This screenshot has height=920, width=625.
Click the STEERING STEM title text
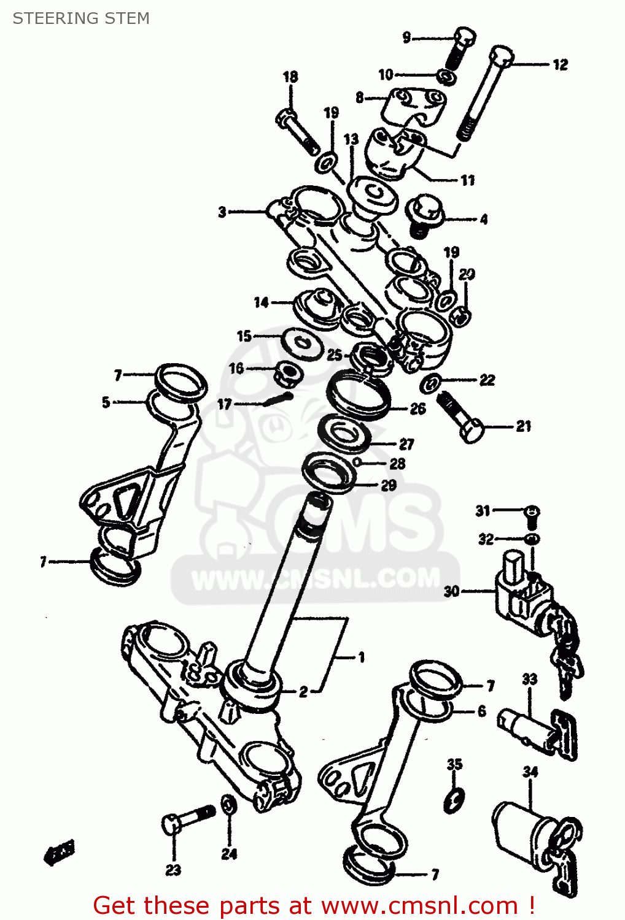tap(81, 18)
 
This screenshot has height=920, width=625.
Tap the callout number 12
tap(560, 65)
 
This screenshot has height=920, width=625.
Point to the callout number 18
tap(290, 77)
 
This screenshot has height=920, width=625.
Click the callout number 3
tap(222, 212)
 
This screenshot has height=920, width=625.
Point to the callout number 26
tap(417, 408)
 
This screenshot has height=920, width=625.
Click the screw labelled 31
tap(532, 515)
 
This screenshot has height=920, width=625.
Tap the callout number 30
tap(452, 591)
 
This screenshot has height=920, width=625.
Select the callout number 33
tap(529, 679)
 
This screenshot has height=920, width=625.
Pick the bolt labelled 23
tap(187, 818)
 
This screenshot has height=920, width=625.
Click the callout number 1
tap(362, 657)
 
